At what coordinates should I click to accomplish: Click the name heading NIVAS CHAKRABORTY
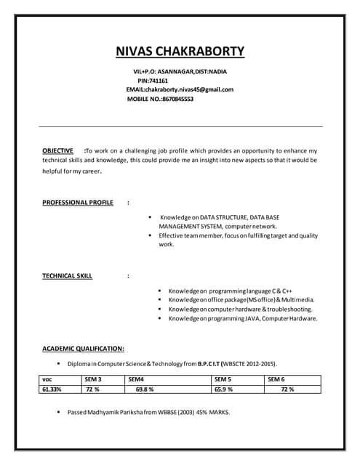180,52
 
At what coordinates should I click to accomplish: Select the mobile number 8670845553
177,99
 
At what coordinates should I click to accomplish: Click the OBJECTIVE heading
57,150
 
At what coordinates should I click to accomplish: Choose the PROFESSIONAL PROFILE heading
78,202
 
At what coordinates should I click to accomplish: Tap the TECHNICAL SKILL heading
68,276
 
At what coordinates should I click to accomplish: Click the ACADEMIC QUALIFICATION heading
83,348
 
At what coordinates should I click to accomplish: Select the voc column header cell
47,379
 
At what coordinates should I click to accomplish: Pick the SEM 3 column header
92,379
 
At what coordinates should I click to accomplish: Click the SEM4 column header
136,379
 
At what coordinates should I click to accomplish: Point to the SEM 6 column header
276,379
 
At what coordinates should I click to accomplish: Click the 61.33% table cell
52,389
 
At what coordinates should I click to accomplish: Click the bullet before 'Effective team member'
149,235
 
